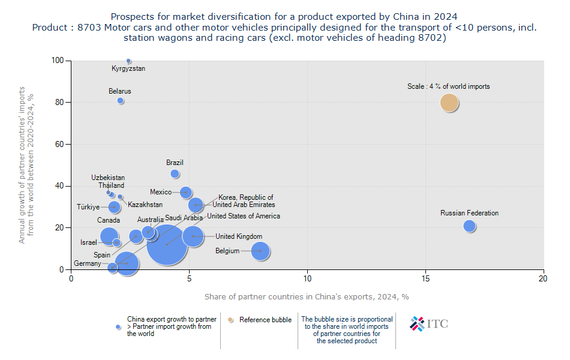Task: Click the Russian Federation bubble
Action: coord(469,226)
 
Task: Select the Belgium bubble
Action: coord(260,251)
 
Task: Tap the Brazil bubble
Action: coord(175,174)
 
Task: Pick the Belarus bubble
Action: coord(121,101)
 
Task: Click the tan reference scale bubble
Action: coord(449,103)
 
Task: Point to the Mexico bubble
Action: coord(186,193)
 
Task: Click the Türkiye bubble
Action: coord(114,207)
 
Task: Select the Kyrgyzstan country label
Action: coord(128,68)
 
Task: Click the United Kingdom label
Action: coord(239,236)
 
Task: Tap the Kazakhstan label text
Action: coord(145,205)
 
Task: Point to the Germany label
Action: coord(88,263)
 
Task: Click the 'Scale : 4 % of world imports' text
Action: coord(448,86)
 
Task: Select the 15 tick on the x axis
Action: coord(425,278)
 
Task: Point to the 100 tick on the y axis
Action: coord(59,61)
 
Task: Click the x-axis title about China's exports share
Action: coord(307,296)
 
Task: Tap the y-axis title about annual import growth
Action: coord(26,165)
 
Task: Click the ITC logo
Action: coord(428,324)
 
